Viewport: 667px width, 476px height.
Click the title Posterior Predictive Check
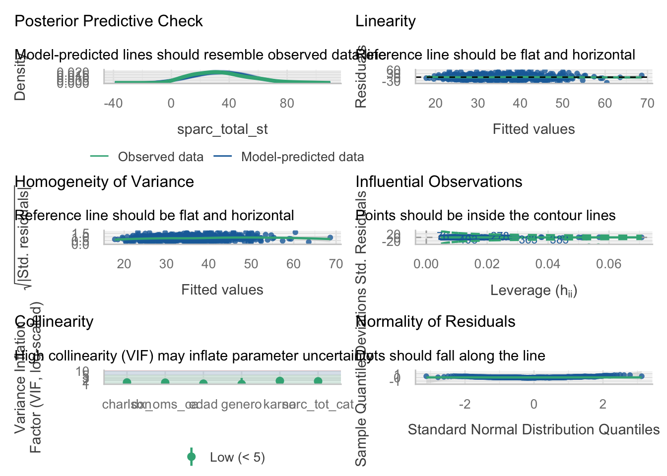pos(109,21)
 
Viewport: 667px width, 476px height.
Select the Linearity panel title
pos(386,21)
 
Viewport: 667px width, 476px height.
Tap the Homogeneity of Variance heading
pos(104,182)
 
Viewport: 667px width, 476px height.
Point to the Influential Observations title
pos(439,182)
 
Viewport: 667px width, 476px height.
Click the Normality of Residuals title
pos(435,322)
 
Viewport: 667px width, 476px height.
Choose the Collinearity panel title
pos(54,322)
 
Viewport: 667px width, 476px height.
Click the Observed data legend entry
pos(160,157)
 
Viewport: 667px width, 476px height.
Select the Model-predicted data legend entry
pos(302,157)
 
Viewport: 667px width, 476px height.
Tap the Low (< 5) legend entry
pos(237,457)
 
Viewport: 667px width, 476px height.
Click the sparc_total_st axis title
pos(222,129)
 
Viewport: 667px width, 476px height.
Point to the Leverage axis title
pos(534,291)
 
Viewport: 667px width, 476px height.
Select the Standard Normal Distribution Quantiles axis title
pos(534,429)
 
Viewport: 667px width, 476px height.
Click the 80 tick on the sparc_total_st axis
pos(287,104)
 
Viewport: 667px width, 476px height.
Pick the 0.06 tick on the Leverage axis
pos(609,264)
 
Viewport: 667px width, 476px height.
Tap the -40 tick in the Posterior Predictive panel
pos(113,104)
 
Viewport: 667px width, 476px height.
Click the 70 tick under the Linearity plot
pos(647,104)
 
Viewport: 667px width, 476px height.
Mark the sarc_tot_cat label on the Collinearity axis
pos(318,405)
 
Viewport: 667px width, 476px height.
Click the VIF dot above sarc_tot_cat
pos(318,381)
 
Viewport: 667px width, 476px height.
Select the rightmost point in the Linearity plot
pos(642,76)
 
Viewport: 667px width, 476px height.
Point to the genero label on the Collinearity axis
pos(241,405)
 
